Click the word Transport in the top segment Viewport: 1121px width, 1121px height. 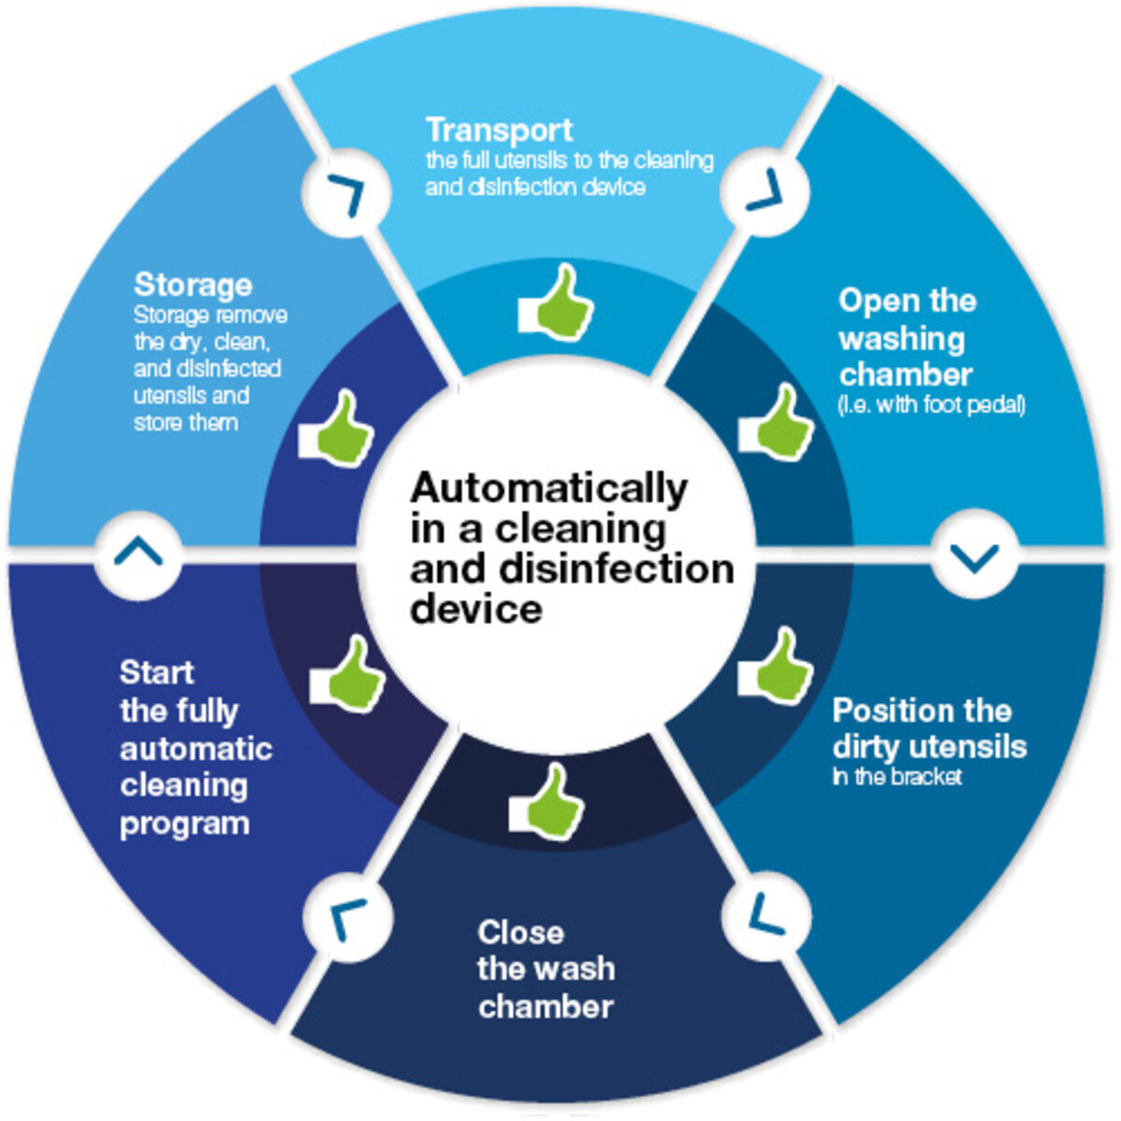click(x=499, y=130)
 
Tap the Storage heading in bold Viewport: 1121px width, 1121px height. click(x=192, y=284)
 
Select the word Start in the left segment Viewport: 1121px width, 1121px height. click(x=157, y=673)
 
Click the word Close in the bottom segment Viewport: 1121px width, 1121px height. click(x=520, y=932)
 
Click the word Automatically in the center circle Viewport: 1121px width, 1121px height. click(x=548, y=489)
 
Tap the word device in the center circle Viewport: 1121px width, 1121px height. click(x=475, y=609)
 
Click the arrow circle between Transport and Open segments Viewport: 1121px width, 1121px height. click(x=765, y=192)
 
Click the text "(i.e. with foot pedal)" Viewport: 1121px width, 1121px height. click(x=932, y=406)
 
